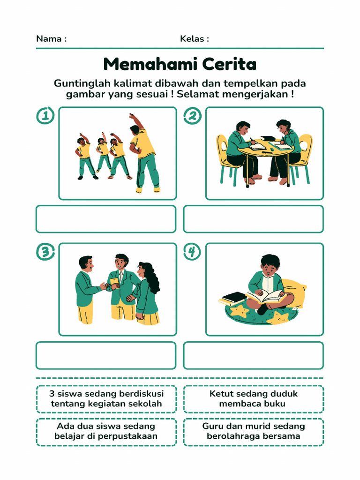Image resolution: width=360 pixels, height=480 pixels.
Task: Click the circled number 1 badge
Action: [x=45, y=116]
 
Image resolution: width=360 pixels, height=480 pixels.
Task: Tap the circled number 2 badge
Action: [x=192, y=116]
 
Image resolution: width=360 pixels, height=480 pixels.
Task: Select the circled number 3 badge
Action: [x=45, y=252]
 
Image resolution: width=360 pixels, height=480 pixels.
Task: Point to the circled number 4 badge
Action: [x=192, y=252]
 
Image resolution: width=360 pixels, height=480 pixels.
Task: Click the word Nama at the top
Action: [x=49, y=39]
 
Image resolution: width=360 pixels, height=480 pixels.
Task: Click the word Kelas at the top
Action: [x=192, y=39]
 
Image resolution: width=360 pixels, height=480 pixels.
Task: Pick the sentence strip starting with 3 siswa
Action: [x=106, y=399]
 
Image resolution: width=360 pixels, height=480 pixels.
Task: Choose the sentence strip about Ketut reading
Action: [x=253, y=399]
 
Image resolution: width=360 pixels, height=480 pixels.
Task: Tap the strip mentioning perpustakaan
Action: [x=106, y=432]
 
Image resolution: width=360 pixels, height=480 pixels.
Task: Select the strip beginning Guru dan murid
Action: [x=253, y=432]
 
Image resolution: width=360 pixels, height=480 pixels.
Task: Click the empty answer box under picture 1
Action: [x=106, y=219]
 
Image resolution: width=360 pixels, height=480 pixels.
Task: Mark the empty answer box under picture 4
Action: [x=253, y=355]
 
